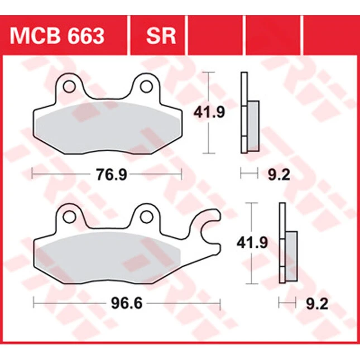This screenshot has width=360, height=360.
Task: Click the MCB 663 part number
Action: pos(57,36)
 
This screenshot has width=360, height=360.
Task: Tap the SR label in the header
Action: pos(161,36)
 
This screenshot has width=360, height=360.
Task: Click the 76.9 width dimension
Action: pos(112,175)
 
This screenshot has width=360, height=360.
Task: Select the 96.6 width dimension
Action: pos(127,304)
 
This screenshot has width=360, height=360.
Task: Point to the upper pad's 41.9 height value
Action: pos(209,112)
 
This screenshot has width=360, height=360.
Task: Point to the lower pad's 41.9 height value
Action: pos(252,243)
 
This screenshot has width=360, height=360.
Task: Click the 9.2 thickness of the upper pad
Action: pos(279,175)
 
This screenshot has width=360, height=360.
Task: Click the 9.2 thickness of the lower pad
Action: pos(317,304)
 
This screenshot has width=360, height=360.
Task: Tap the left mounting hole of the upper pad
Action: pos(69,87)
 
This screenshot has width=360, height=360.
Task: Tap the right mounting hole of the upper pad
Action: pos(146,87)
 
